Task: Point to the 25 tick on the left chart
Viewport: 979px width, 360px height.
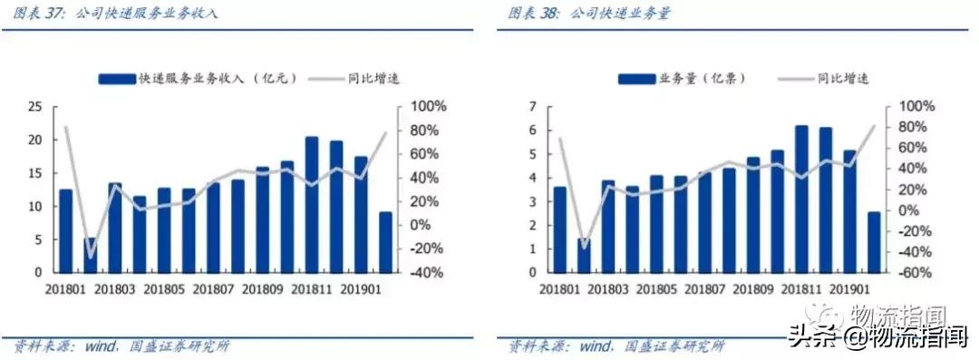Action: pos(36,107)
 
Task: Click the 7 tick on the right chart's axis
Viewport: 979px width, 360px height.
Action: pos(533,107)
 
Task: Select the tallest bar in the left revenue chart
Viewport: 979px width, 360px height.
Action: pos(312,205)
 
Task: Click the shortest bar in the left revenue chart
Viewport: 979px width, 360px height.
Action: pos(90,256)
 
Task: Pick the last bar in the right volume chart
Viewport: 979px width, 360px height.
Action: pos(873,242)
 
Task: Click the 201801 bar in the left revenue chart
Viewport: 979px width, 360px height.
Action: pos(65,231)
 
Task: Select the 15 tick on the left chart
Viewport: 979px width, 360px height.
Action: pos(36,173)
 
